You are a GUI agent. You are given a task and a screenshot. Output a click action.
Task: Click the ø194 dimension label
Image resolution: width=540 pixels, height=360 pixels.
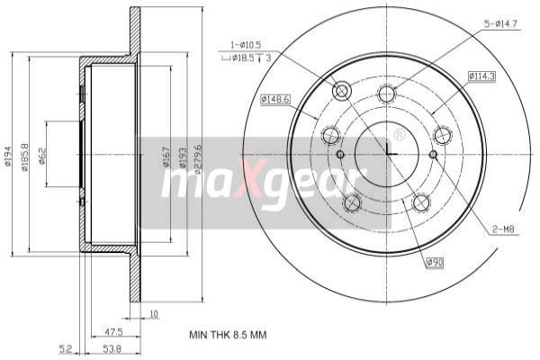8,157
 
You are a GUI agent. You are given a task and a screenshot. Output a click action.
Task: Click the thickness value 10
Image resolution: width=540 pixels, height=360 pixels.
154,315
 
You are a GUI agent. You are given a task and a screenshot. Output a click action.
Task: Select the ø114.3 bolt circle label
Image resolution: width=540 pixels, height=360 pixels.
481,77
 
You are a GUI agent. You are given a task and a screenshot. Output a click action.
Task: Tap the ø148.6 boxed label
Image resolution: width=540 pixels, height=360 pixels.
274,99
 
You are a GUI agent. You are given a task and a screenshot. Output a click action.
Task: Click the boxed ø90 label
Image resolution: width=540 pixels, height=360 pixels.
436,263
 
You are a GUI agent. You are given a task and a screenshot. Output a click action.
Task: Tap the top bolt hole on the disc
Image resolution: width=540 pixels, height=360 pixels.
387,94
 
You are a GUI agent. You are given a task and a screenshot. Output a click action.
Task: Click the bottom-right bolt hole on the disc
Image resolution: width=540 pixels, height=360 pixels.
421,203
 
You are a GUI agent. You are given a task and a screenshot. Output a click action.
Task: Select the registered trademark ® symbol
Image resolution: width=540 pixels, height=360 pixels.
399,135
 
